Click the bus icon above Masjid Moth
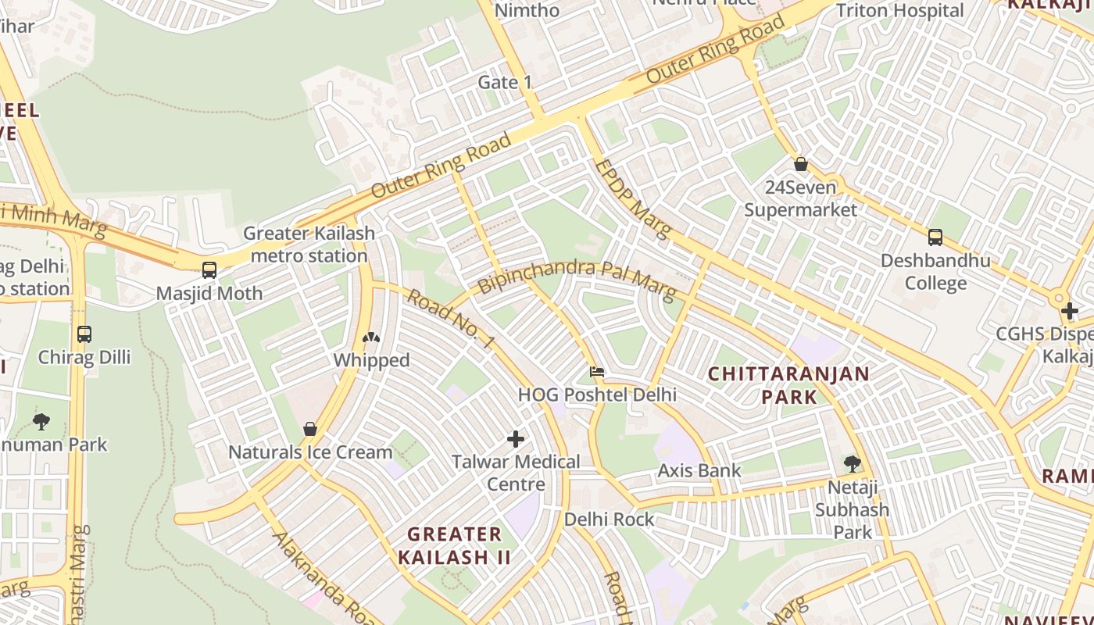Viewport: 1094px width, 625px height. click(x=209, y=270)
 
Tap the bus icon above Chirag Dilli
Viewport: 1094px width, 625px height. click(x=84, y=334)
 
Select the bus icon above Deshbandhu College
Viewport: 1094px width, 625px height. click(x=935, y=237)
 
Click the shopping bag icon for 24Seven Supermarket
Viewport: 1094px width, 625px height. click(x=800, y=164)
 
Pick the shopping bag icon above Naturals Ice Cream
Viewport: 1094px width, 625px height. click(x=310, y=429)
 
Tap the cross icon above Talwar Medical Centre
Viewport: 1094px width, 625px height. click(x=516, y=438)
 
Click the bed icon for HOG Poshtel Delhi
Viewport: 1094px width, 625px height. click(x=597, y=372)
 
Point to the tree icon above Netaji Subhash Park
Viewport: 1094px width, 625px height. click(x=852, y=464)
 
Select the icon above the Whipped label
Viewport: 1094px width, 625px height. click(x=371, y=337)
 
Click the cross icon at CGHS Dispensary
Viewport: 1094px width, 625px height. click(x=1069, y=311)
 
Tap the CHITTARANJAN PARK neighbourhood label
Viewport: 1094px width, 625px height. click(x=788, y=384)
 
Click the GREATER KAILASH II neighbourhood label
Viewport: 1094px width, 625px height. click(x=454, y=545)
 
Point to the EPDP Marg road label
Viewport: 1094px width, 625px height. click(x=632, y=198)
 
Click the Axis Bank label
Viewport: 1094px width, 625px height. click(x=699, y=470)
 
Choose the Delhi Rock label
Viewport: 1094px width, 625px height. click(x=610, y=519)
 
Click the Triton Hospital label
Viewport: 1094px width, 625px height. click(x=899, y=11)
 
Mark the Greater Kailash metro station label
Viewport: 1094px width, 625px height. click(x=309, y=244)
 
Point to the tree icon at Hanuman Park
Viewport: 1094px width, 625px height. click(x=41, y=422)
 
